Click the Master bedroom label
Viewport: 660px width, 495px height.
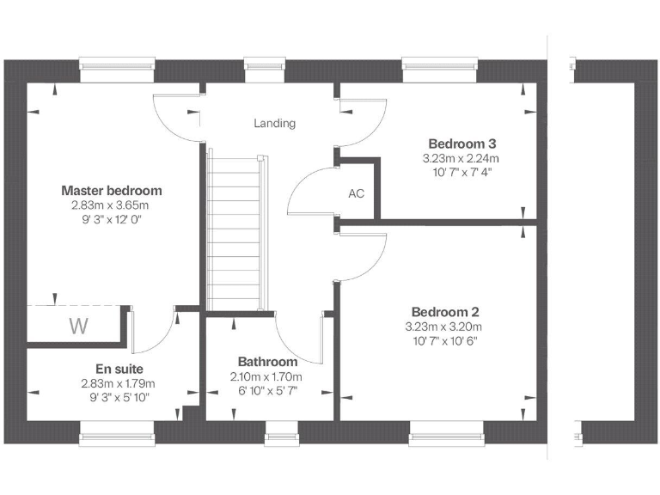click(x=112, y=191)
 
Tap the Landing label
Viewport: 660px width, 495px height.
click(x=274, y=124)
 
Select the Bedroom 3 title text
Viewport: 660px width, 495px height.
click(x=462, y=144)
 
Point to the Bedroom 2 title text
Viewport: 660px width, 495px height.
click(x=444, y=312)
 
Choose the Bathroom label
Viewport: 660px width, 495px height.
click(x=267, y=362)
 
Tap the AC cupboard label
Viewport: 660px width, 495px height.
click(x=357, y=194)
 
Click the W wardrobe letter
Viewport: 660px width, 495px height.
click(x=78, y=327)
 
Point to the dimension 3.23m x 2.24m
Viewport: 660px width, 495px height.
click(x=461, y=159)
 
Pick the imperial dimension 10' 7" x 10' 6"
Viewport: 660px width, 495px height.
click(x=444, y=340)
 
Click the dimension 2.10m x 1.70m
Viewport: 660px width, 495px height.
click(x=266, y=377)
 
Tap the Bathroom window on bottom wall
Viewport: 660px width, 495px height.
click(x=278, y=430)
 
